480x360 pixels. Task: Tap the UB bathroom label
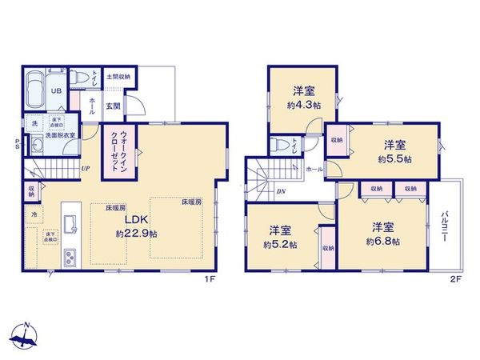[57, 91]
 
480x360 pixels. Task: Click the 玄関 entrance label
[114, 106]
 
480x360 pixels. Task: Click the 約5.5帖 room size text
[396, 159]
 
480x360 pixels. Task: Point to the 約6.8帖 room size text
[382, 241]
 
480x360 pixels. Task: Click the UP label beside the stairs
[85, 169]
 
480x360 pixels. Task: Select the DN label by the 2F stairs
[281, 191]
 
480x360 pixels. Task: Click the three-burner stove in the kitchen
[70, 258]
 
